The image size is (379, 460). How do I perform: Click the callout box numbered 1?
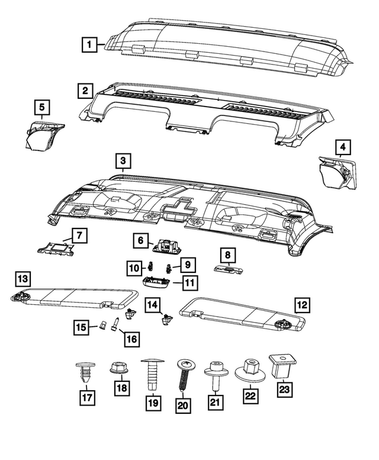point(89,44)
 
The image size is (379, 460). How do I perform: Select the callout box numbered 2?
point(85,91)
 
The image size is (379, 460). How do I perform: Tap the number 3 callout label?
point(122,161)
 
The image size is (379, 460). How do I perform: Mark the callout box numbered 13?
point(22,278)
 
